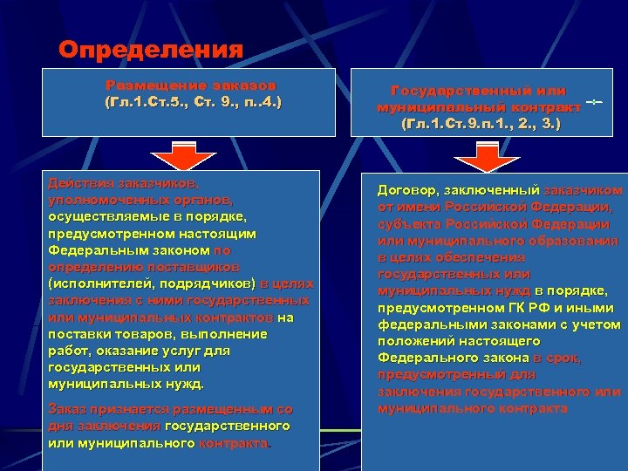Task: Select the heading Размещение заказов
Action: (x=192, y=85)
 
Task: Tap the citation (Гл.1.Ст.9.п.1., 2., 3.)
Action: (x=480, y=124)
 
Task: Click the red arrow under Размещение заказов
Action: (x=182, y=157)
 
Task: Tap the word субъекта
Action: (x=410, y=223)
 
